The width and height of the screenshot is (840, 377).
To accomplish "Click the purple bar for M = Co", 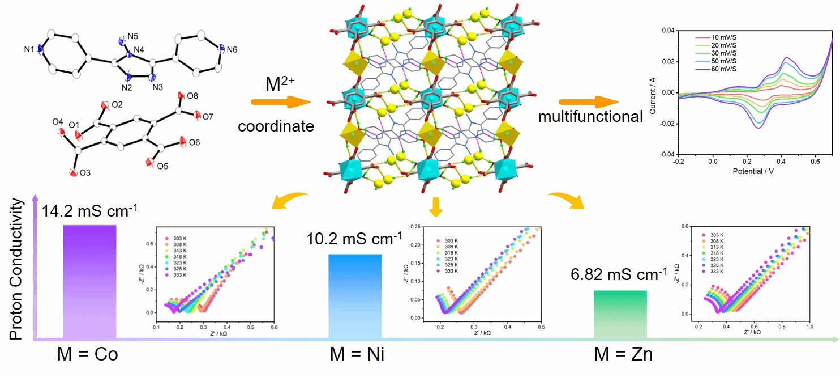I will point(89,281).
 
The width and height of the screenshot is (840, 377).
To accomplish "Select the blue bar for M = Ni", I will point(355,295).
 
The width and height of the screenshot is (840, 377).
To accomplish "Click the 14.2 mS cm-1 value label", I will point(89,212).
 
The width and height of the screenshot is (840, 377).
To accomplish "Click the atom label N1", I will point(30,49).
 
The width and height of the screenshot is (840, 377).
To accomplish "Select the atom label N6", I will point(232,50).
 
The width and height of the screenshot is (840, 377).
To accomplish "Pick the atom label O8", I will point(192,97).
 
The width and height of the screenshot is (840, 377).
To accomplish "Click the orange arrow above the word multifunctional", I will point(589,102).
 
